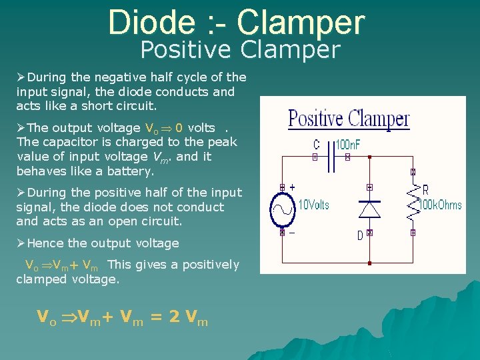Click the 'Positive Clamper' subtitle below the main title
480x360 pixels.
240,50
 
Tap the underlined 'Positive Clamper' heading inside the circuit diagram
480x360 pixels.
349,119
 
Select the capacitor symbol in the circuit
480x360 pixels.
331,158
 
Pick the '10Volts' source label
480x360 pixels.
313,205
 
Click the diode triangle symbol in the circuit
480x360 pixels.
369,209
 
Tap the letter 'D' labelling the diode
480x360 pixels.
360,235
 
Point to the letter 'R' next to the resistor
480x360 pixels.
425,191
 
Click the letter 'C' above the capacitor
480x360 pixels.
316,144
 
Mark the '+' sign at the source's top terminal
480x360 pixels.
292,187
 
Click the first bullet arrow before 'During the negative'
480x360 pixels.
21,77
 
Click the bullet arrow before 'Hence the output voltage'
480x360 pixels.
21,243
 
